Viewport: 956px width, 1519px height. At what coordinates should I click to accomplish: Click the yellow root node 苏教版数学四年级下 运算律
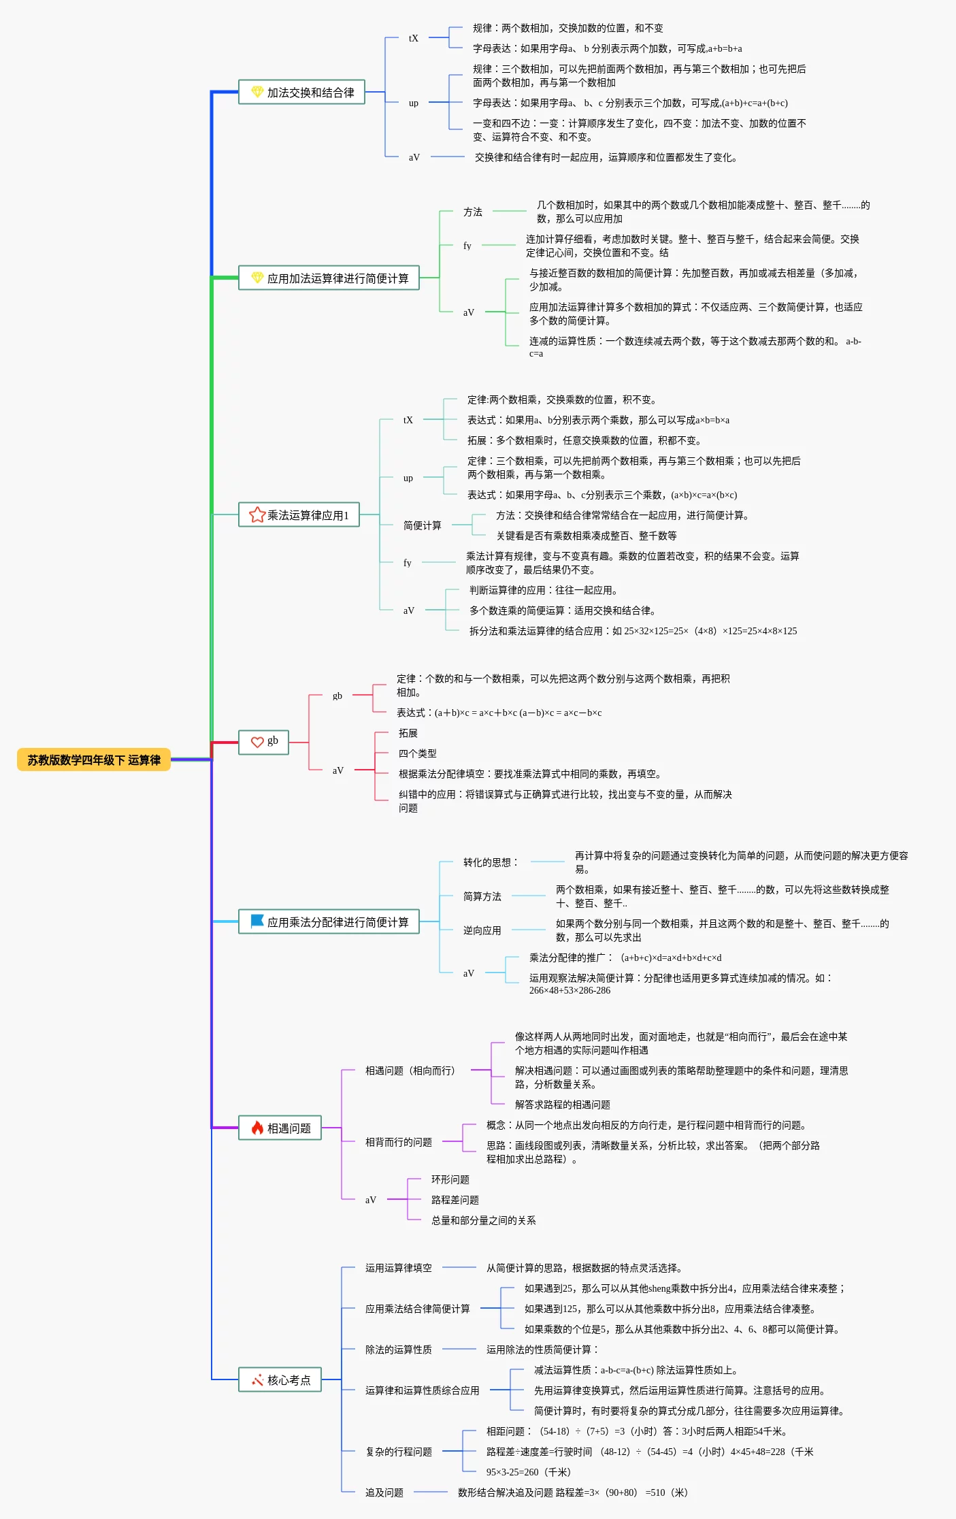pos(94,760)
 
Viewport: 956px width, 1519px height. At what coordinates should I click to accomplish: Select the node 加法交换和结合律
pos(301,93)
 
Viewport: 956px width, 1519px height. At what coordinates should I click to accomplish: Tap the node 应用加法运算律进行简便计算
pos(329,278)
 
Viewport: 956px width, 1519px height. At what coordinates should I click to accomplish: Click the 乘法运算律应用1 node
pos(299,515)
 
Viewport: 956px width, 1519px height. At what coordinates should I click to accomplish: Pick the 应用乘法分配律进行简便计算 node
pos(329,922)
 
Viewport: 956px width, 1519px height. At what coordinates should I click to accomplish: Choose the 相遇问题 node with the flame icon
pos(280,1128)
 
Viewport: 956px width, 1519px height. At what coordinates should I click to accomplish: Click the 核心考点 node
pos(280,1380)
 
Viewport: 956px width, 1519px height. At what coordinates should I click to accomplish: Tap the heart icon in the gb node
pos(257,742)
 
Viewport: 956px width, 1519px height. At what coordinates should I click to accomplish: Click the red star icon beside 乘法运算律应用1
pos(257,515)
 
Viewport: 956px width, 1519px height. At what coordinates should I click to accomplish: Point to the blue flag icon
pos(257,921)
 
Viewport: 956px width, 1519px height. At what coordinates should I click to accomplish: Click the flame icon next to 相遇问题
pos(257,1128)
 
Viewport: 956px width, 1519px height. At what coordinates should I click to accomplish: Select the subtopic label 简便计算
pos(422,525)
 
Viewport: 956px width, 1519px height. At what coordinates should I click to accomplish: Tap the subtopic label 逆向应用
pos(482,930)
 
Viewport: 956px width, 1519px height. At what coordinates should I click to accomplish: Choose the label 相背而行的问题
pos(398,1142)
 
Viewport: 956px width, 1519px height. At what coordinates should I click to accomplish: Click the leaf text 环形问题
pos(450,1179)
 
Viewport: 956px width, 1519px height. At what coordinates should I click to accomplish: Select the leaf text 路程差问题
pos(455,1200)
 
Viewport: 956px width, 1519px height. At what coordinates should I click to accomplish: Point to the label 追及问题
pos(384,1492)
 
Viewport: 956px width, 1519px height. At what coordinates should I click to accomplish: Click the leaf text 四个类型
pos(417,753)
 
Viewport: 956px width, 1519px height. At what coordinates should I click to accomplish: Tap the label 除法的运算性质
pos(398,1350)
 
